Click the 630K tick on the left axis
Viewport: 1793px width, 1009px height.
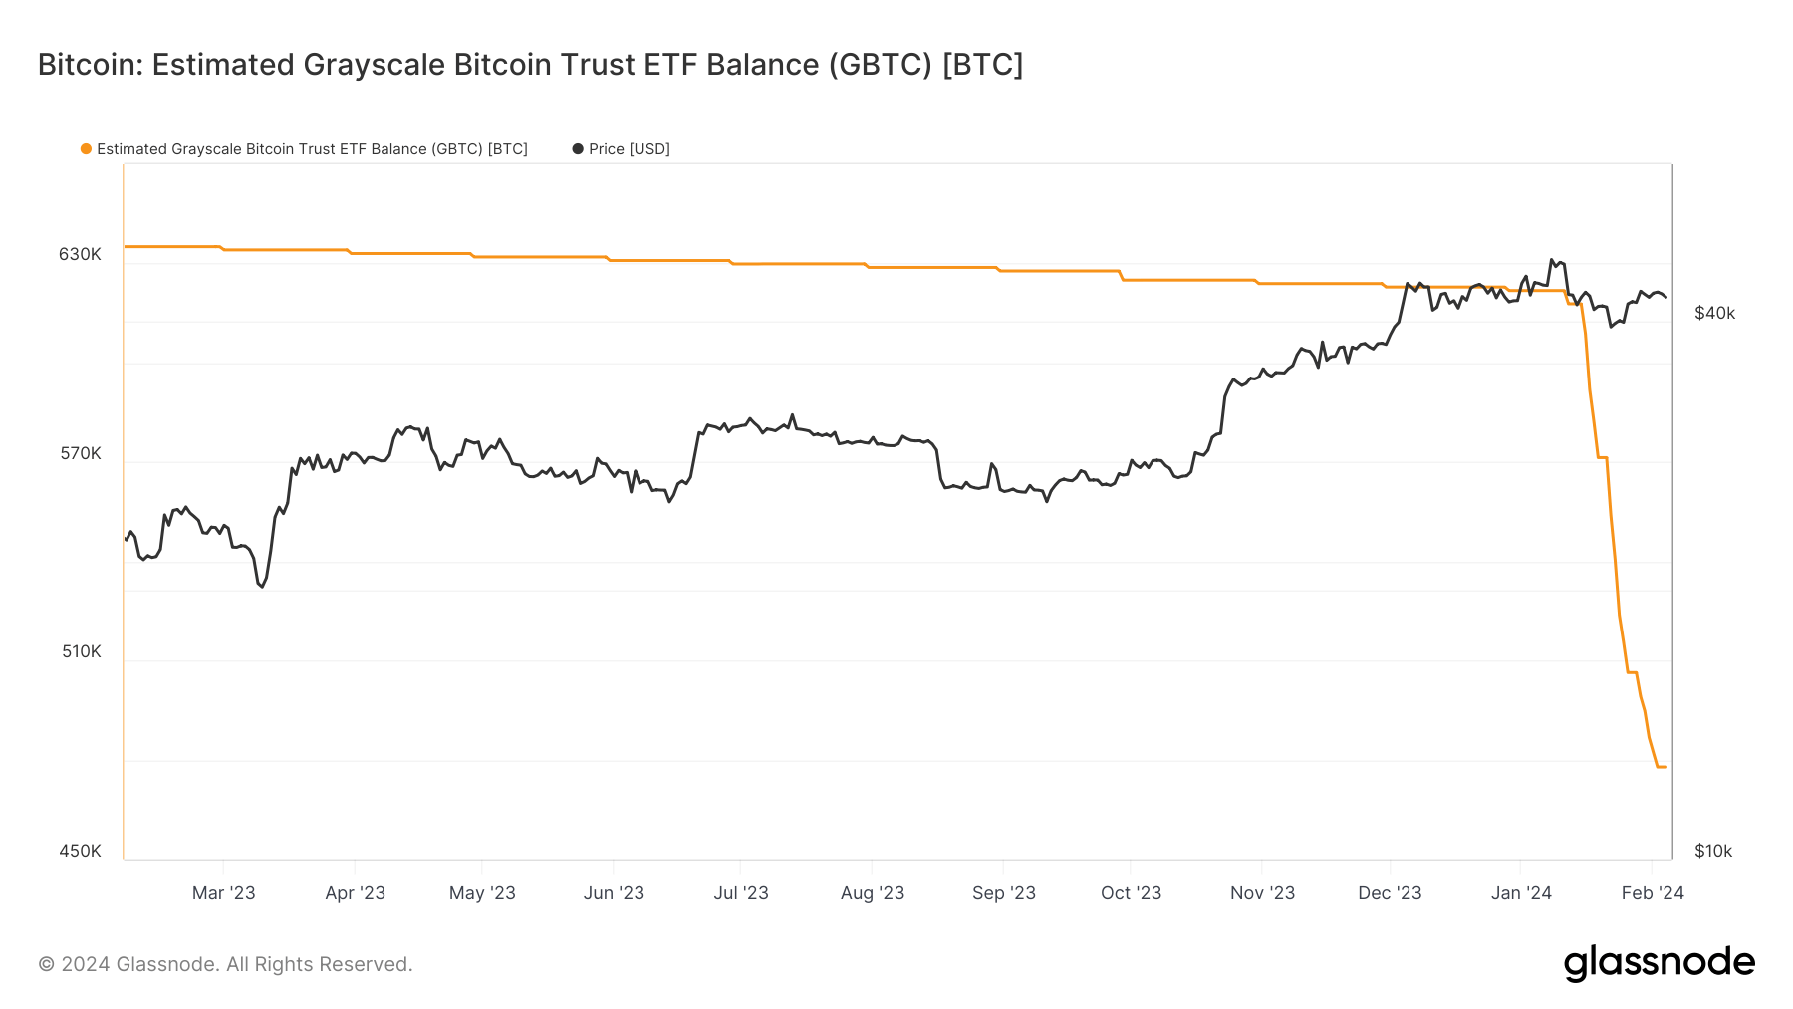[80, 254]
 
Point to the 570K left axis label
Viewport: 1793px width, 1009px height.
[80, 453]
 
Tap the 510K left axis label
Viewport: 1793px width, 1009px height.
[81, 651]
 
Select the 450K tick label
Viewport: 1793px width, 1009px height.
[80, 851]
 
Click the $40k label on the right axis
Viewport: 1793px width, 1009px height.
[1714, 313]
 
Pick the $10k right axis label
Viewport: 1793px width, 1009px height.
[1713, 851]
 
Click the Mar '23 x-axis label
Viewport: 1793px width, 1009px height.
[223, 892]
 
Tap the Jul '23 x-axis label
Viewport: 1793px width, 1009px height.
[740, 892]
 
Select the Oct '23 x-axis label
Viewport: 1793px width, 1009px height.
[1131, 892]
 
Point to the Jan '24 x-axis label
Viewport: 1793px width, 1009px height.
[1521, 892]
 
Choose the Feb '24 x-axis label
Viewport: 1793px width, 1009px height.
[1653, 892]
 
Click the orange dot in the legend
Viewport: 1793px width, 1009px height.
[87, 149]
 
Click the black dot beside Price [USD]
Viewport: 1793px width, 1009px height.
[578, 149]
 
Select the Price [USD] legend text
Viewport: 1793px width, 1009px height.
[629, 149]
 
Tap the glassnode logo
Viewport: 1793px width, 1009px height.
[1659, 963]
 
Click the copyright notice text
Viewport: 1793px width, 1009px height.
[225, 964]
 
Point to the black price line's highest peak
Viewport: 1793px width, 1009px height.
[1552, 260]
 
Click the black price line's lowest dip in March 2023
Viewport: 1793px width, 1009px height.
[262, 587]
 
